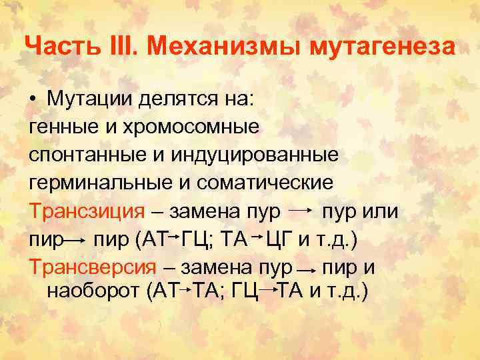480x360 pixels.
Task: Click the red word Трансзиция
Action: pos(87,211)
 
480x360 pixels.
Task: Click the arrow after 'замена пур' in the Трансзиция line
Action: pos(301,211)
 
